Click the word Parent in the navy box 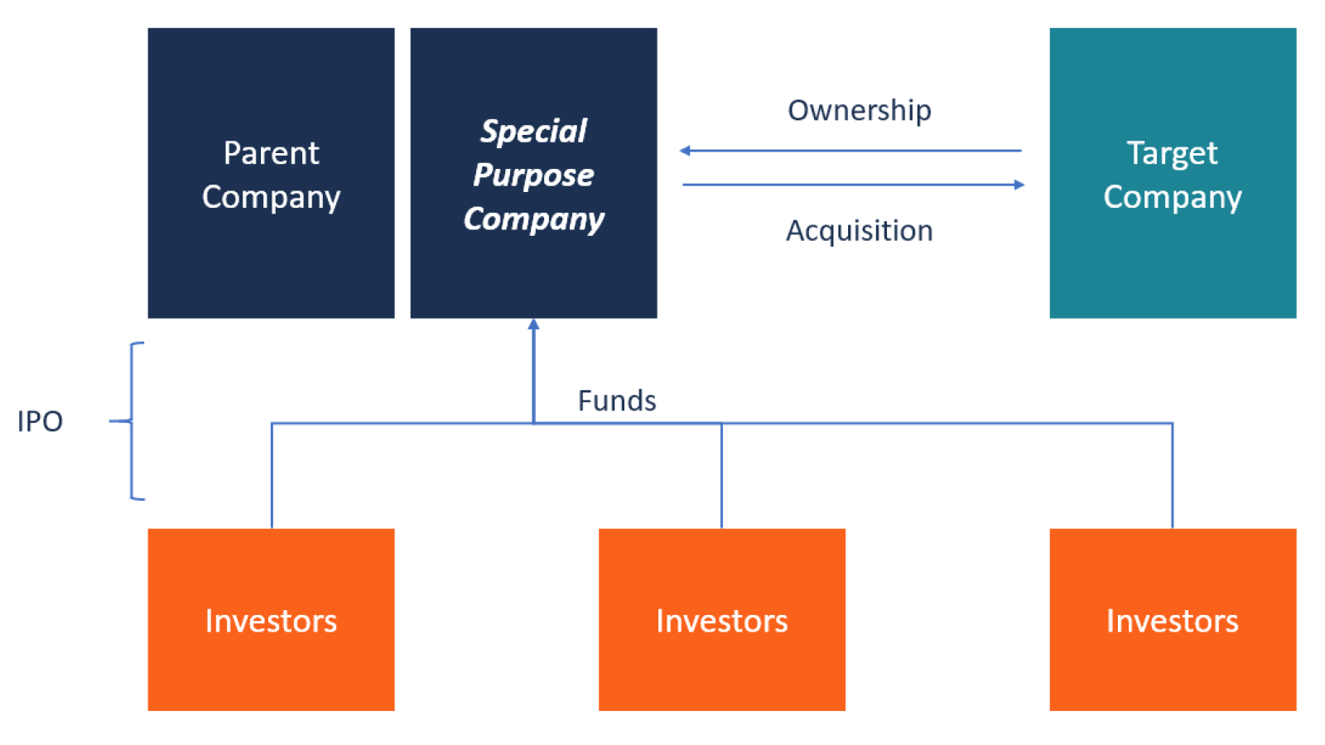click(272, 153)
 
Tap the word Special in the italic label click(533, 132)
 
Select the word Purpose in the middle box click(533, 175)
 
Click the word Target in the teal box click(1173, 154)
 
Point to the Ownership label click(860, 111)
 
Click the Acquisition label click(860, 231)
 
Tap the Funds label click(617, 401)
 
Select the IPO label click(40, 421)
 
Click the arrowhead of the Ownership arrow click(685, 151)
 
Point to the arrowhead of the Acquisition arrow click(1019, 185)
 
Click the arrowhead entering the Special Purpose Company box click(533, 324)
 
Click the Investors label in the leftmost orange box click(271, 621)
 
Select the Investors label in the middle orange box click(721, 621)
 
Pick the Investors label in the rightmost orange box click(1173, 621)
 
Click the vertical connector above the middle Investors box click(721, 476)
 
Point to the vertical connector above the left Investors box click(272, 476)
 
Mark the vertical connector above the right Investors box click(1173, 476)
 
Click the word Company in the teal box click(1173, 198)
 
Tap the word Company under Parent click(272, 198)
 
